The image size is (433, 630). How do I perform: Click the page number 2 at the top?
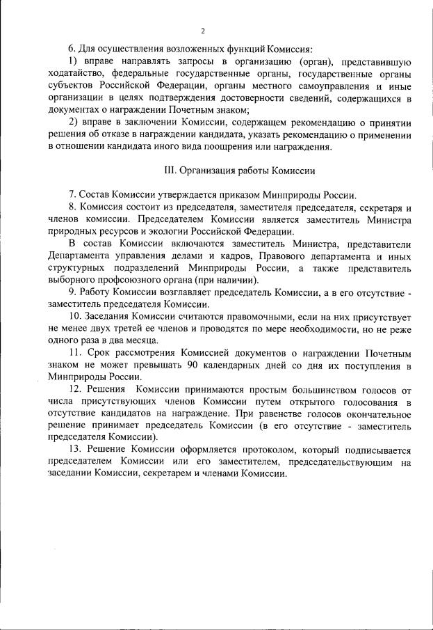(x=202, y=31)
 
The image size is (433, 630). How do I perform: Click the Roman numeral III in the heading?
(x=169, y=170)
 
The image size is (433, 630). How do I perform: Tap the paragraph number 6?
(x=71, y=48)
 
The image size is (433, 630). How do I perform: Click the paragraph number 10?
(x=74, y=316)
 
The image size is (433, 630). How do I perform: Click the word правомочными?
(x=232, y=316)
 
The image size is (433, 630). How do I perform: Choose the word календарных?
(x=300, y=365)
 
